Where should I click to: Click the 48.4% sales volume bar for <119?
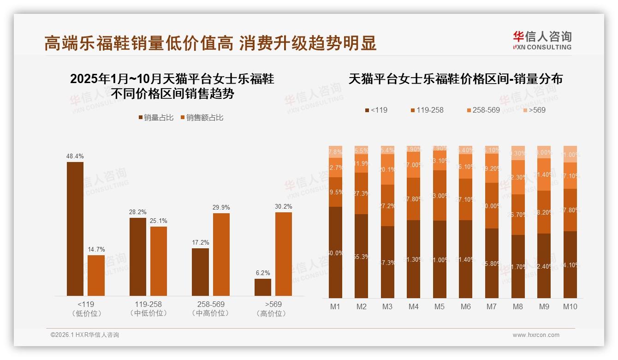click(75, 228)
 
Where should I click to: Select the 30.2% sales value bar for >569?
click(284, 254)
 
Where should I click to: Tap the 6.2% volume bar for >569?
click(263, 287)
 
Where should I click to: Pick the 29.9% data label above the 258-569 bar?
click(221, 208)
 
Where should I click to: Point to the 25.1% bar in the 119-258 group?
click(159, 261)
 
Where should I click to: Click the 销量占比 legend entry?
click(156, 118)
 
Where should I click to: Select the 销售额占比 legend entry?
click(202, 118)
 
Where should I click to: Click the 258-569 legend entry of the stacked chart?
click(483, 110)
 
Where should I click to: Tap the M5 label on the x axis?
click(440, 306)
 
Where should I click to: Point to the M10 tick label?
click(570, 306)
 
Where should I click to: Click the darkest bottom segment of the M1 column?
click(335, 252)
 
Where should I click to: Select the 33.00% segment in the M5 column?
click(440, 196)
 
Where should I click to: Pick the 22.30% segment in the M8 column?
click(518, 177)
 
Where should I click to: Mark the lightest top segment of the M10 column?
click(570, 154)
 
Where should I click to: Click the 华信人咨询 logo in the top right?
click(542, 40)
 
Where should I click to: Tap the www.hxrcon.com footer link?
click(536, 335)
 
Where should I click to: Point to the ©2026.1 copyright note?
click(85, 335)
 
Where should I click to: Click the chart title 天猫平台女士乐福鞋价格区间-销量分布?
click(455, 79)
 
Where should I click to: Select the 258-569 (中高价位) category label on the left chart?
click(211, 309)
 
